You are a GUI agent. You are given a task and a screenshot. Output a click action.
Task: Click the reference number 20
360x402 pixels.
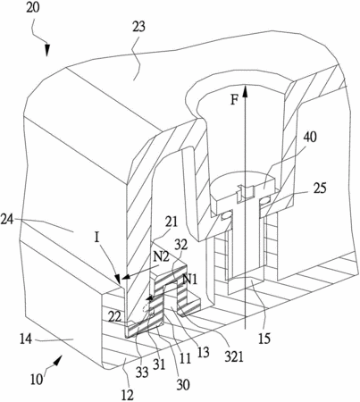[x=32, y=8]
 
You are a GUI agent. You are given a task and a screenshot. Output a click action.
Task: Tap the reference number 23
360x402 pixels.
[x=138, y=28]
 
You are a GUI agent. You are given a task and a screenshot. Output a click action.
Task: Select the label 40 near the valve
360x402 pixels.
[x=310, y=138]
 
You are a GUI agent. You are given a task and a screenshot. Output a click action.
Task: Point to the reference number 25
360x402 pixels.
[x=320, y=188]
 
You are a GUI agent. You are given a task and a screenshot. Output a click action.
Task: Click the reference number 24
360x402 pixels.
[x=7, y=221]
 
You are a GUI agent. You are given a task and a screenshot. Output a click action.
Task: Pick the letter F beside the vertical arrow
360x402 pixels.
[x=235, y=100]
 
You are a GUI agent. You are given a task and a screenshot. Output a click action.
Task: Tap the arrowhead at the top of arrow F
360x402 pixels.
[x=245, y=90]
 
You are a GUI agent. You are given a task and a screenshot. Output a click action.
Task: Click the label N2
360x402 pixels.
[x=161, y=256]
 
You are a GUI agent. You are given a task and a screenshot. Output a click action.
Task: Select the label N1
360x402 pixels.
[x=190, y=280]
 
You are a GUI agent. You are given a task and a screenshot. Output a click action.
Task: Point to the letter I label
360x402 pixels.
[x=96, y=238]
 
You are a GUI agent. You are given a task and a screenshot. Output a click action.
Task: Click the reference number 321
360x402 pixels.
[x=234, y=356]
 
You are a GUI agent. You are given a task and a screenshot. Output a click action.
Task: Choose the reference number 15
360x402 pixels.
[x=264, y=339]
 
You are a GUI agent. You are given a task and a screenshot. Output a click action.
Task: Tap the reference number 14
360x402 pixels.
[x=26, y=339]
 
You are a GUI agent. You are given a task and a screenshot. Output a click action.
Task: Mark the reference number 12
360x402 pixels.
[x=128, y=395]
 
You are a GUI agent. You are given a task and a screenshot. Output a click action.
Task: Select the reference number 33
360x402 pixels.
[x=142, y=372]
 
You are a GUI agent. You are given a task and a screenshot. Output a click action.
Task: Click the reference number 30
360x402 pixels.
[x=183, y=385]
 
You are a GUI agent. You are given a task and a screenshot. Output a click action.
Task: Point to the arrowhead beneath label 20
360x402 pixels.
[x=47, y=50]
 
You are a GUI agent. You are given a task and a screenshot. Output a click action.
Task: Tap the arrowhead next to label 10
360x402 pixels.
[x=57, y=360]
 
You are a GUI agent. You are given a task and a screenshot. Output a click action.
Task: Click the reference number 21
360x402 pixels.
[x=172, y=222]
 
